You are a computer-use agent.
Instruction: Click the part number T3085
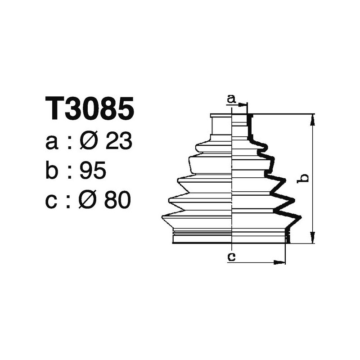[90, 108]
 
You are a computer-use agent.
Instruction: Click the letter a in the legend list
[52, 143]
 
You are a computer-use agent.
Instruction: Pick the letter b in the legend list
[52, 171]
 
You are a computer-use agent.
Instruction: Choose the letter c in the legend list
[52, 201]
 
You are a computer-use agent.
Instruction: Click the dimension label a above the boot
[231, 99]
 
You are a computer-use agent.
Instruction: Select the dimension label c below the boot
[231, 256]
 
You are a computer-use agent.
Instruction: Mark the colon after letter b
[70, 172]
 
